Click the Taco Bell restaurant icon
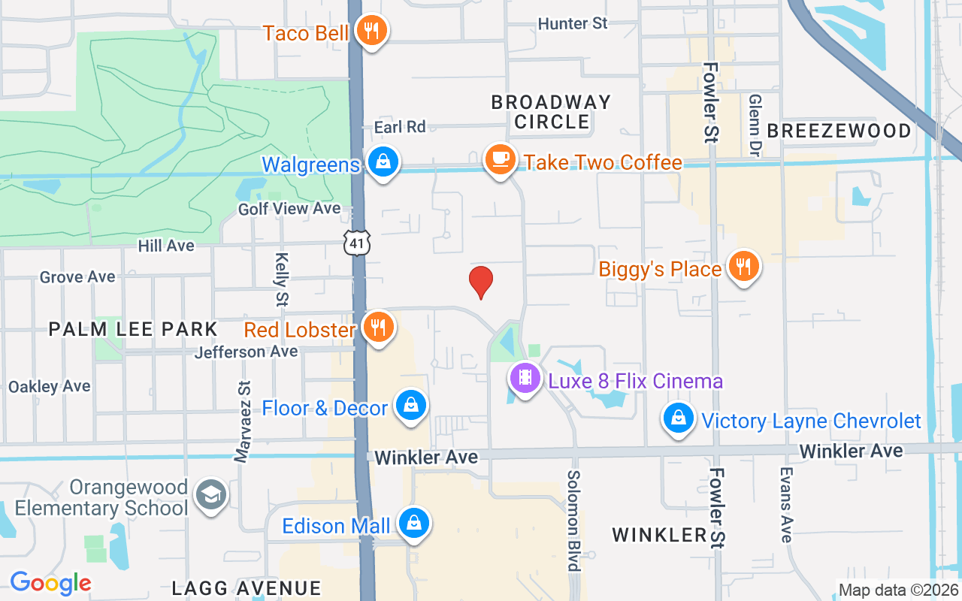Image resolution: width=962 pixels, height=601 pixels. coord(371,32)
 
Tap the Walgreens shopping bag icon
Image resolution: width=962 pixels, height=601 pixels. coord(383,162)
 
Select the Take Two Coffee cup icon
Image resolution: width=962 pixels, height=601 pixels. coord(500,160)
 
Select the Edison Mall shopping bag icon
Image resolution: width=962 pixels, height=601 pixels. coord(413,524)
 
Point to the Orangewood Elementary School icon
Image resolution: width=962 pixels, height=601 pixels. coord(211,495)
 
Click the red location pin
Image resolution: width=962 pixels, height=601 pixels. coord(480,282)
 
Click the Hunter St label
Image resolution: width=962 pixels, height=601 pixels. coord(573,24)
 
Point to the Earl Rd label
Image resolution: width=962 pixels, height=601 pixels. coord(400,127)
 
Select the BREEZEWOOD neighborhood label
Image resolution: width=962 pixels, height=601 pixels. coord(839,131)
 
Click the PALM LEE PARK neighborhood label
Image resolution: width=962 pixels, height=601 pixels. coord(133,329)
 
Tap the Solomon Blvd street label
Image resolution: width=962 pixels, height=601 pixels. coord(575,520)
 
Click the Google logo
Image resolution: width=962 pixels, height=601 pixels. coord(50,583)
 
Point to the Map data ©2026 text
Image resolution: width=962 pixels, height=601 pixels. coord(898,590)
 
